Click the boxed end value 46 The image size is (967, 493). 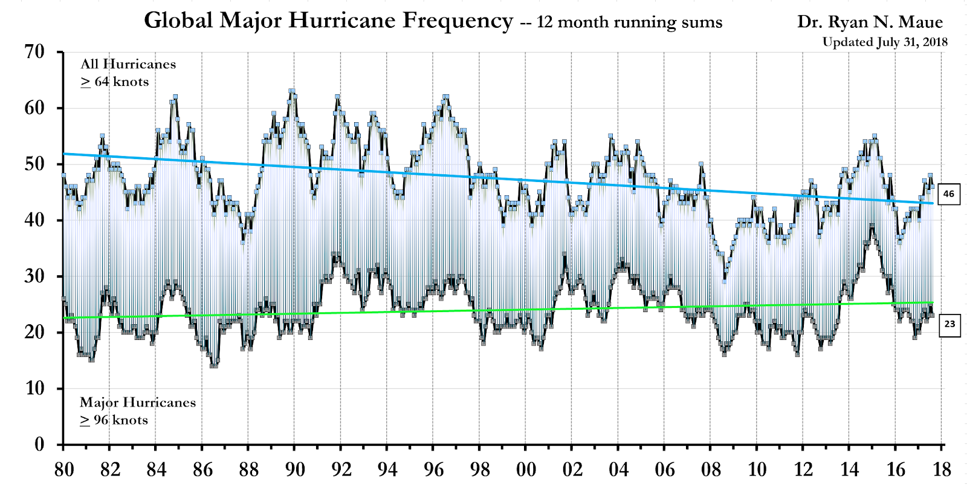tap(949, 194)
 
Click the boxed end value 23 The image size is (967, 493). tap(949, 324)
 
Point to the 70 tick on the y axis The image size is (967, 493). tap(34, 52)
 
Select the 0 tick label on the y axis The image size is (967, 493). tap(40, 444)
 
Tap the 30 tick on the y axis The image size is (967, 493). tap(34, 276)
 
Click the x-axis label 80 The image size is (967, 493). tap(64, 469)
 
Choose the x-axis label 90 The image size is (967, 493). tap(295, 469)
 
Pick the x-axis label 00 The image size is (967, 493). tap(526, 469)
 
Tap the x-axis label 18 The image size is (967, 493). tap(942, 469)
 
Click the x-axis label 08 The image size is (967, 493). tap(711, 469)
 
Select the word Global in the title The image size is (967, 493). tap(179, 21)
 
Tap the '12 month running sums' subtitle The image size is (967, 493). tap(629, 22)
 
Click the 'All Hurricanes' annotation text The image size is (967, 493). tap(128, 64)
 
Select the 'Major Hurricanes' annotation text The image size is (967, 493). tap(138, 402)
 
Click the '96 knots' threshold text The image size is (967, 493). tap(120, 420)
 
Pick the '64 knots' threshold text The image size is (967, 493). tap(121, 82)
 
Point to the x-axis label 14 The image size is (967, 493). tap(849, 469)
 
